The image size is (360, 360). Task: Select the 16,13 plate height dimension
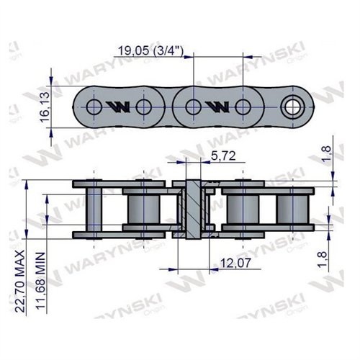(x=44, y=107)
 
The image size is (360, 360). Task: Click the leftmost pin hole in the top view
(x=94, y=108)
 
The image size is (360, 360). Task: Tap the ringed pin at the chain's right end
(x=292, y=108)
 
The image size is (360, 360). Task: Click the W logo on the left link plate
(x=117, y=108)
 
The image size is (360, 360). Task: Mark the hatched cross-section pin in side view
(x=193, y=209)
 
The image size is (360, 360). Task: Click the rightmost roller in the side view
(x=292, y=208)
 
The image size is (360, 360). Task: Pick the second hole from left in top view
(x=143, y=108)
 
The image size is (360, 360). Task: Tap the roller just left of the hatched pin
(x=143, y=208)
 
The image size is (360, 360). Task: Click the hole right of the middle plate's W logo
(x=242, y=108)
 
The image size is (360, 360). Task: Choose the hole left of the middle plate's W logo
(x=192, y=108)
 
